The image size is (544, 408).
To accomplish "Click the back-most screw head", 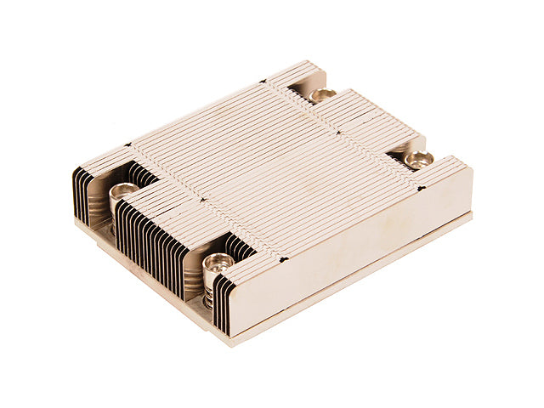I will [322, 94].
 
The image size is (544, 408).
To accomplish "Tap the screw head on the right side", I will [418, 157].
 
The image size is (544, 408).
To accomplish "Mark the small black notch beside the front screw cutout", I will [282, 258].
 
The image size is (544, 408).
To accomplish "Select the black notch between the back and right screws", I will [338, 133].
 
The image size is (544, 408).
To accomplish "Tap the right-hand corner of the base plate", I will [470, 217].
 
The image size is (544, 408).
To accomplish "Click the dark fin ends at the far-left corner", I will [82, 195].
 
